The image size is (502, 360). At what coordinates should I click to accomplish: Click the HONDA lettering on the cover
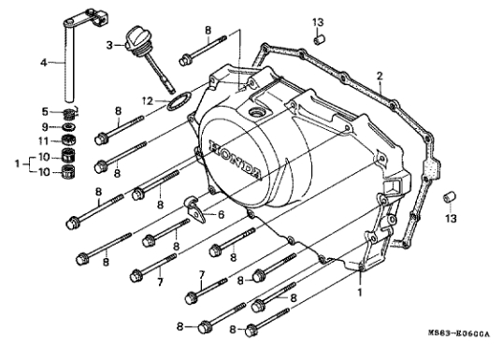(x=235, y=158)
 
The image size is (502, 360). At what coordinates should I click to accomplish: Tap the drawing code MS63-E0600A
(x=459, y=334)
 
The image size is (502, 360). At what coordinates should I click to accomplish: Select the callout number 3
(x=109, y=46)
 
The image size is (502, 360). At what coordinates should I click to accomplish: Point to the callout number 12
(x=148, y=102)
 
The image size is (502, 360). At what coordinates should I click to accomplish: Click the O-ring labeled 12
(x=179, y=101)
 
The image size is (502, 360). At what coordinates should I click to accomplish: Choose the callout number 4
(x=44, y=63)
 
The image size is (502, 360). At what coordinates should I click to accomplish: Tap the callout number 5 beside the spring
(x=45, y=112)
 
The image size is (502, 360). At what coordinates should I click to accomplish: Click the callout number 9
(x=45, y=127)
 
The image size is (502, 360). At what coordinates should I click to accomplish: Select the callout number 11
(x=43, y=141)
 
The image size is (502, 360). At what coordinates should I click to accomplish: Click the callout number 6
(x=221, y=214)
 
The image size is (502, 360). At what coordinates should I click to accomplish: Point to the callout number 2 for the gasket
(x=380, y=77)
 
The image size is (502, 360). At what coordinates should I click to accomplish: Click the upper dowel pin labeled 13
(x=319, y=41)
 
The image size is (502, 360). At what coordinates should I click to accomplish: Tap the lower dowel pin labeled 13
(x=450, y=197)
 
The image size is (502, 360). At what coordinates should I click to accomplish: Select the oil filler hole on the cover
(x=256, y=113)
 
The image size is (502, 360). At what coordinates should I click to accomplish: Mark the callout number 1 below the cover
(x=360, y=293)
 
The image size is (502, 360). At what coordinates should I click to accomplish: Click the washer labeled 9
(x=68, y=127)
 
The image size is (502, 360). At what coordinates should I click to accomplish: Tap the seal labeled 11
(x=68, y=140)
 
